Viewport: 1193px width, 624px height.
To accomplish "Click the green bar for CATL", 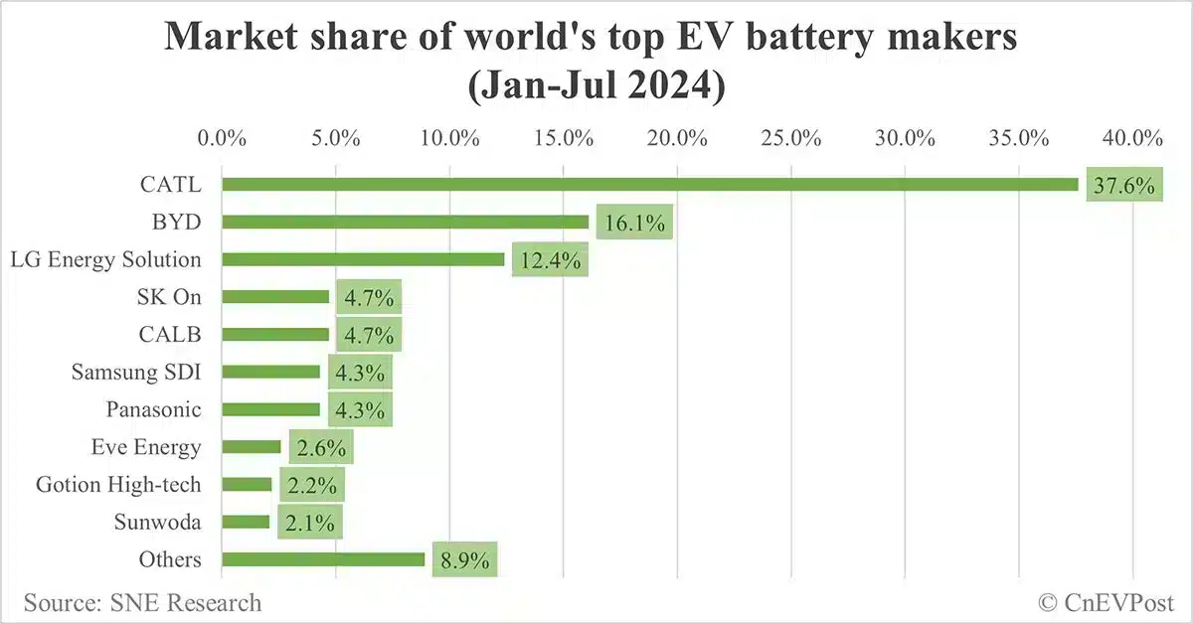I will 650,184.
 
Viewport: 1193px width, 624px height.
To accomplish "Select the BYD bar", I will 406,222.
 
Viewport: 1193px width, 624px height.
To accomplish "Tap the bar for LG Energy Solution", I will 363,259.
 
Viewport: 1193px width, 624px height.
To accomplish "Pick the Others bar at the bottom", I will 323,559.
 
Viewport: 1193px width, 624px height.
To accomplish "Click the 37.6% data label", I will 1124,186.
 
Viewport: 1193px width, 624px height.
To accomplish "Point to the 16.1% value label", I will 634,224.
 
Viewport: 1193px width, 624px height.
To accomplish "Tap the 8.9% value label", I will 460,560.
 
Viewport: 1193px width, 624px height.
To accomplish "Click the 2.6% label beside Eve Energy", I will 321,448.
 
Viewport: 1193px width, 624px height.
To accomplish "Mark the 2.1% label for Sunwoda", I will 309,523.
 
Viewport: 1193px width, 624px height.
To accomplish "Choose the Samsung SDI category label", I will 136,372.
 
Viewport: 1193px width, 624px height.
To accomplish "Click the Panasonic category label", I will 153,409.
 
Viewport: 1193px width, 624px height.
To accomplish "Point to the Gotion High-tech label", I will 118,485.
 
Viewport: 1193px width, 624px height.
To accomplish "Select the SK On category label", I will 169,296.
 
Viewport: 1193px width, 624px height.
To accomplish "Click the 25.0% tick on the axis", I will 790,137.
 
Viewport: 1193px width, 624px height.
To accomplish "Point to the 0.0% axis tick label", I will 222,137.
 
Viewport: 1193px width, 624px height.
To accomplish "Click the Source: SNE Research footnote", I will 143,603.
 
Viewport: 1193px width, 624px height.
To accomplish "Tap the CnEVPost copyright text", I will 1106,603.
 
